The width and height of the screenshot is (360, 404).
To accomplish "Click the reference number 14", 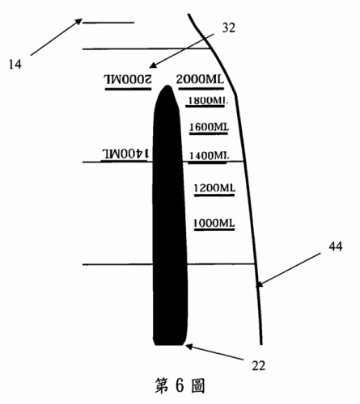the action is (x=15, y=65).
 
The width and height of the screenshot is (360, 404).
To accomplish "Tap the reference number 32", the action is (x=228, y=27).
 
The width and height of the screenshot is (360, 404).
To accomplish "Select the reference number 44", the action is (x=336, y=246).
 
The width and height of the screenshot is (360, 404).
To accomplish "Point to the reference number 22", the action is (x=258, y=365).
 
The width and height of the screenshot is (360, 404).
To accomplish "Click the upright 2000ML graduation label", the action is (x=200, y=79).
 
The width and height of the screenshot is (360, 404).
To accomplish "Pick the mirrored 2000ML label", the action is (x=128, y=79).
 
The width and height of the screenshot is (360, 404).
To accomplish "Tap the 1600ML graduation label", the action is (x=209, y=127).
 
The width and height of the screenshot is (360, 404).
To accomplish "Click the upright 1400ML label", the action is (x=209, y=155).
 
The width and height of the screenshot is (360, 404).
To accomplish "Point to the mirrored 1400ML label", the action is (x=125, y=154).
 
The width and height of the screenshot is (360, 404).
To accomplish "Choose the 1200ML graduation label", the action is (x=214, y=187).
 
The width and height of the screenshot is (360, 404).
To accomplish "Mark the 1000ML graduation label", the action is (x=214, y=223).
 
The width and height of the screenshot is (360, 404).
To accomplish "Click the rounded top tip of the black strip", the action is (x=167, y=86).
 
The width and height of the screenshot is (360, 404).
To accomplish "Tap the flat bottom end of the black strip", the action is (x=169, y=344).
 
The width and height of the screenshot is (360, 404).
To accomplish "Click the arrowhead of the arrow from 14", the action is (x=79, y=20).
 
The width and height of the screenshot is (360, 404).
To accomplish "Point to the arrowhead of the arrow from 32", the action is (x=152, y=66).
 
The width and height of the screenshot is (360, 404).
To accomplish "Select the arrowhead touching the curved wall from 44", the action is (x=258, y=284).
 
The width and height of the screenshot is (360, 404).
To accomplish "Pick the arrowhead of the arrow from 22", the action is (x=188, y=346).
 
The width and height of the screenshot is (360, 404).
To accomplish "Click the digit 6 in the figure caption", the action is (x=180, y=385).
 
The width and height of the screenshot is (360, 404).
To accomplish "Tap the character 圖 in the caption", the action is (x=198, y=385).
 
